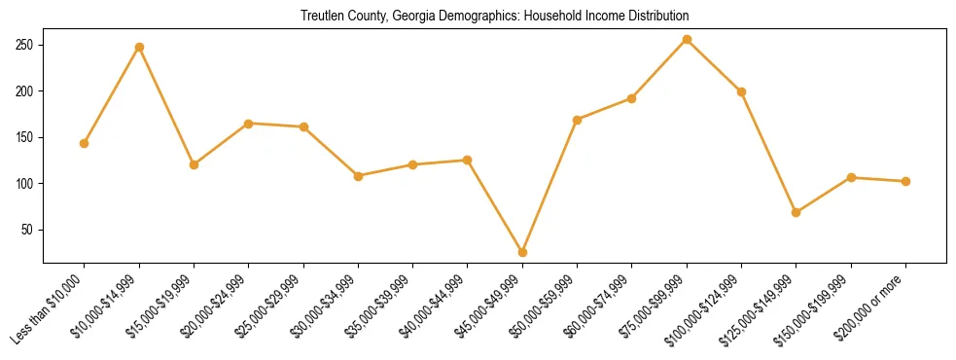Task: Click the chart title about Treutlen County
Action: point(494,16)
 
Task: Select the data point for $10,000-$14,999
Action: point(139,47)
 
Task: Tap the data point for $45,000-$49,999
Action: point(522,252)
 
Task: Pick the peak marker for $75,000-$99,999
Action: point(687,40)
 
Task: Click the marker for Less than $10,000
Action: point(84,143)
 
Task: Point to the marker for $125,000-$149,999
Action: point(797,212)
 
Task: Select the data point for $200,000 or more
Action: point(905,181)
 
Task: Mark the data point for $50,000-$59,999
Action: point(578,120)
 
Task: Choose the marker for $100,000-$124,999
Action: point(741,91)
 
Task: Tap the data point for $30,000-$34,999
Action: point(358,176)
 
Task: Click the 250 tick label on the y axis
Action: point(25,46)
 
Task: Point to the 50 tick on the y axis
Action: point(28,231)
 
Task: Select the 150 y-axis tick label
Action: point(25,138)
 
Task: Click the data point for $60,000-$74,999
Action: point(632,98)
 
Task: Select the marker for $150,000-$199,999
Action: point(851,177)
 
